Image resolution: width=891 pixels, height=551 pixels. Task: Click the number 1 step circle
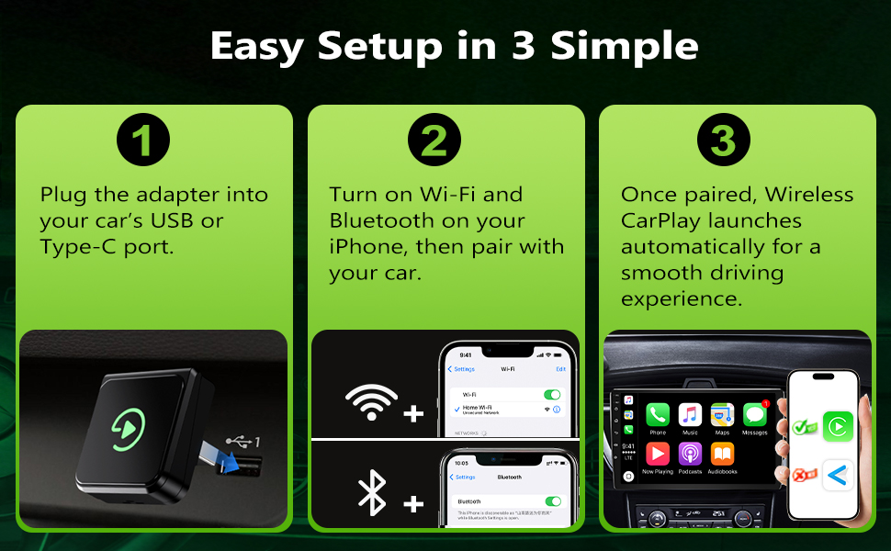click(x=143, y=141)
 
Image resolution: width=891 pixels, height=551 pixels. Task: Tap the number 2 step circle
click(x=434, y=141)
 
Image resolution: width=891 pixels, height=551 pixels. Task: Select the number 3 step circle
click(x=724, y=141)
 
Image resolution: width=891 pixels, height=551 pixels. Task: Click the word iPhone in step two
click(x=369, y=247)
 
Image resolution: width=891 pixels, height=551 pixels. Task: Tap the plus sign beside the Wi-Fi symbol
click(x=414, y=414)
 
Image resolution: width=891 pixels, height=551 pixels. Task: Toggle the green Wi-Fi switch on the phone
click(x=552, y=394)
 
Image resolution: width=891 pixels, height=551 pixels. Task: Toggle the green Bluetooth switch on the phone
click(x=552, y=500)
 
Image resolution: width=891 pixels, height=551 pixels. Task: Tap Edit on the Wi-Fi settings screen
click(x=560, y=369)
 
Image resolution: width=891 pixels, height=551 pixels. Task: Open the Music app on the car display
click(x=690, y=415)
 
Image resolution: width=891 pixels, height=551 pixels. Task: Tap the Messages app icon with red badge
click(x=754, y=415)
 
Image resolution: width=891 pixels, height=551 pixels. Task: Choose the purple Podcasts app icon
click(x=690, y=455)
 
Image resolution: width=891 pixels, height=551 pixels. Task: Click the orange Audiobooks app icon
click(x=722, y=455)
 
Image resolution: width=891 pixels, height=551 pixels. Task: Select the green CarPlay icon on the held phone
click(x=838, y=426)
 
